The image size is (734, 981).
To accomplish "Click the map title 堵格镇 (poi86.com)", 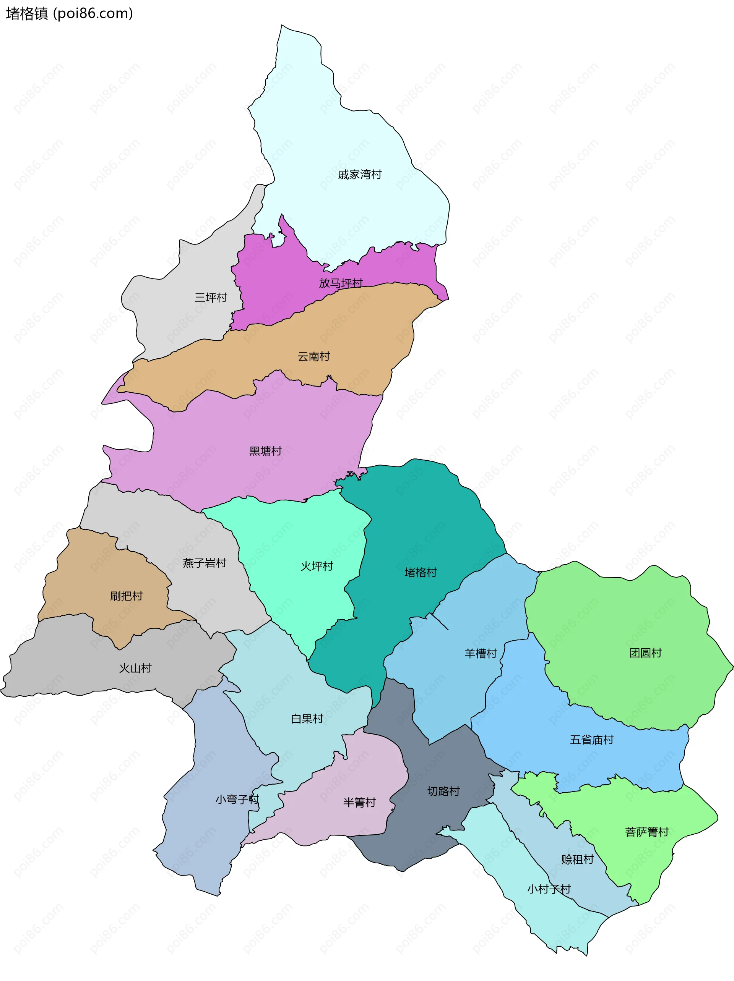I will pos(69,14).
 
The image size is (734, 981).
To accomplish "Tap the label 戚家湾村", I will pos(359,175).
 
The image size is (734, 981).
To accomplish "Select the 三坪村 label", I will pos(211,298).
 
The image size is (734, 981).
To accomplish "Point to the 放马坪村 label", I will pos(341,283).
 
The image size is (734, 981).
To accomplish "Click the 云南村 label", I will pos(314,356).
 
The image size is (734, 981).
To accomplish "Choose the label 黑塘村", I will pos(265,451).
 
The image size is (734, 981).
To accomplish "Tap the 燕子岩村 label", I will pos(205,563).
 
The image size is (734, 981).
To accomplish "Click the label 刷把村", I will pos(127,596).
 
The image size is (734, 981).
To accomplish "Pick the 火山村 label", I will pos(135,669).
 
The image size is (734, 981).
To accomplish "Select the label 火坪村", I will pos(317,567).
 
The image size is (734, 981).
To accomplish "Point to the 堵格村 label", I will pos(421,573).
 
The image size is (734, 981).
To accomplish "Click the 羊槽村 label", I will pos(481,654).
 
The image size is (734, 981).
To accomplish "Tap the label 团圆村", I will pos(645,653).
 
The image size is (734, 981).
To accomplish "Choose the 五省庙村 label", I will pos(591,740).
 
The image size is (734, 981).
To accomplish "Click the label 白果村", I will pos(307,719).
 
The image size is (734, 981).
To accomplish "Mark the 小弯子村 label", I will pos(237,800).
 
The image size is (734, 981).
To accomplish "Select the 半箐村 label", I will pos(359,802).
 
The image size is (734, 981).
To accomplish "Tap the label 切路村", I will pos(443,791).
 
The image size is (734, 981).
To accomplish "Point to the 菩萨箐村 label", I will pos(646,832).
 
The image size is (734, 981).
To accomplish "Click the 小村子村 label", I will pos(549,889).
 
